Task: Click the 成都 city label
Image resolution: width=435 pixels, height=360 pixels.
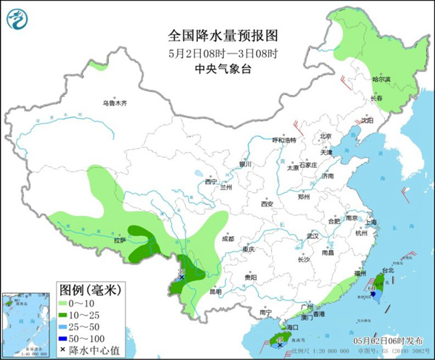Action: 228,238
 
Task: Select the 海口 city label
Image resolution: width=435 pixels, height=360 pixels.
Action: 292,327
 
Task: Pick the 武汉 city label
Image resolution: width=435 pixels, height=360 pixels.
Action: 313,236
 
